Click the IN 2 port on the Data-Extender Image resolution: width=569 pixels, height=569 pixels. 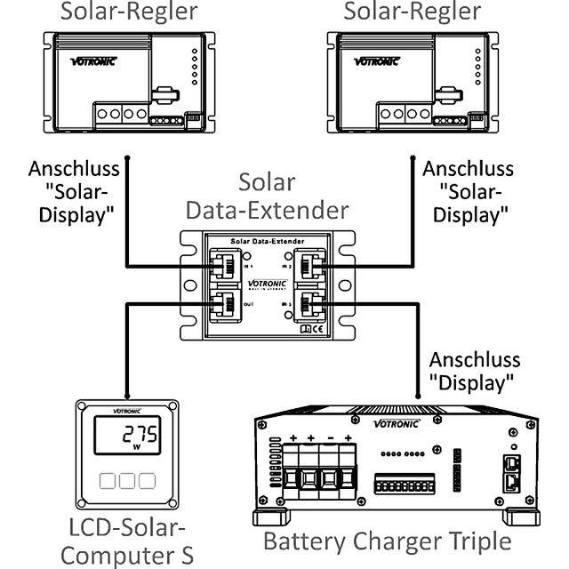coord(316,264)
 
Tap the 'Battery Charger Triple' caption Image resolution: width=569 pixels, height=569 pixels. coord(387,541)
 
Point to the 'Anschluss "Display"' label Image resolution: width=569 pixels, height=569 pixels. coord(471,372)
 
